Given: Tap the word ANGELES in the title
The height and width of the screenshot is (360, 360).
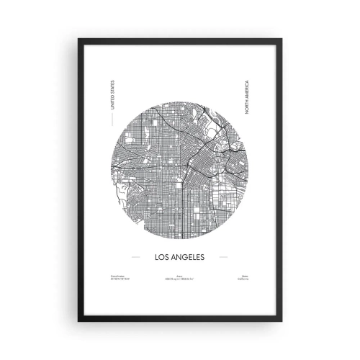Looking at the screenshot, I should point(189,256).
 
